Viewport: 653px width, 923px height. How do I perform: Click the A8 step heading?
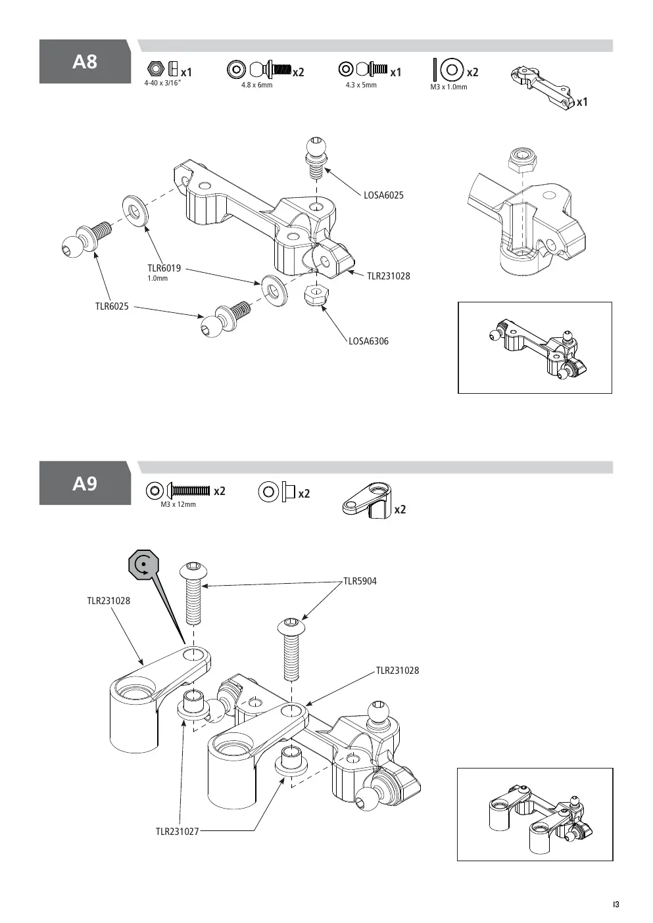[85, 62]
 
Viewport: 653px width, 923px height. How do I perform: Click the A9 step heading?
[85, 483]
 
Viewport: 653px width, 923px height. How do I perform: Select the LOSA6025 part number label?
[383, 195]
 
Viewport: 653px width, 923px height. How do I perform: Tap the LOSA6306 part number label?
[368, 341]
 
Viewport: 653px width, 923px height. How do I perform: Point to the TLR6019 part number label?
[164, 268]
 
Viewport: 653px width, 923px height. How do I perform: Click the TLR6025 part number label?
[112, 306]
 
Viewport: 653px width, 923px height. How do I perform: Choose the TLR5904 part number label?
[360, 581]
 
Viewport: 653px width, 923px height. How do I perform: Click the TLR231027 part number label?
[178, 832]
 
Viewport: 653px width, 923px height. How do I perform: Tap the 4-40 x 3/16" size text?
[162, 83]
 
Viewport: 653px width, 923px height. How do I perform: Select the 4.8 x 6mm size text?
[257, 85]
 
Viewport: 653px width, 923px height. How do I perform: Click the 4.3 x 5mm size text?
[361, 85]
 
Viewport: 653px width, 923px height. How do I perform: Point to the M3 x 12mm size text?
[178, 504]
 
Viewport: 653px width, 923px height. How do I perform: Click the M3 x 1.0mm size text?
[449, 87]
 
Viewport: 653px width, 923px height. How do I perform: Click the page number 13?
[616, 905]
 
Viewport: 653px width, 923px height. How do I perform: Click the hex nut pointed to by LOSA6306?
[316, 295]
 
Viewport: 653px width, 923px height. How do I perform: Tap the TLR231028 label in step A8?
[389, 276]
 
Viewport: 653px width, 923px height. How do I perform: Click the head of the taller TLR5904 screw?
[194, 570]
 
